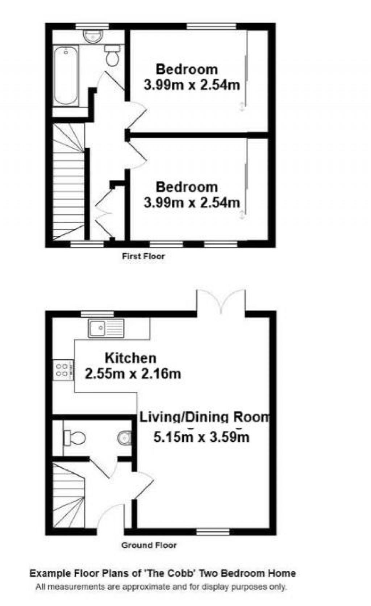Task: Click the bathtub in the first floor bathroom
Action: point(66,76)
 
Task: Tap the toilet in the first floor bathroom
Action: point(112,56)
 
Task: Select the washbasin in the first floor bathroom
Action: point(93,36)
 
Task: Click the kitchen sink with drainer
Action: point(106,328)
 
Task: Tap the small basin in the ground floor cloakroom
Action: point(124,438)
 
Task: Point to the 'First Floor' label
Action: point(143,256)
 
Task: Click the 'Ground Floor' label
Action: point(149,545)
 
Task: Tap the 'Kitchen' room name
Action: point(130,358)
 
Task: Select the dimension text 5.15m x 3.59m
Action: point(201,437)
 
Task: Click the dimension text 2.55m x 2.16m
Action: point(133,373)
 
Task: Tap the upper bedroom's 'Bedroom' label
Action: point(187,69)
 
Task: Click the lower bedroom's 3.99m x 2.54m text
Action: point(192,202)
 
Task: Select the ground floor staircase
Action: point(68,496)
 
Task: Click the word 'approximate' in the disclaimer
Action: point(146,587)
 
